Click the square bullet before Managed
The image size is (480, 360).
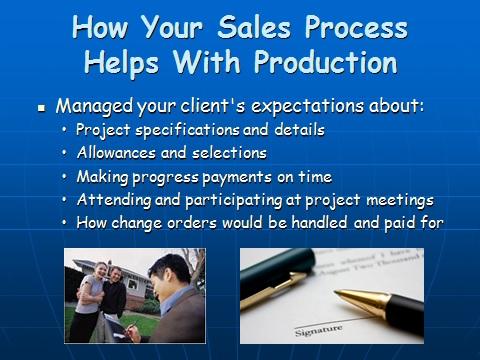(42, 107)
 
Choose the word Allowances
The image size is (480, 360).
(116, 153)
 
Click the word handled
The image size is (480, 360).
(330, 222)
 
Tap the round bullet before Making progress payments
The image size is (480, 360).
(65, 177)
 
